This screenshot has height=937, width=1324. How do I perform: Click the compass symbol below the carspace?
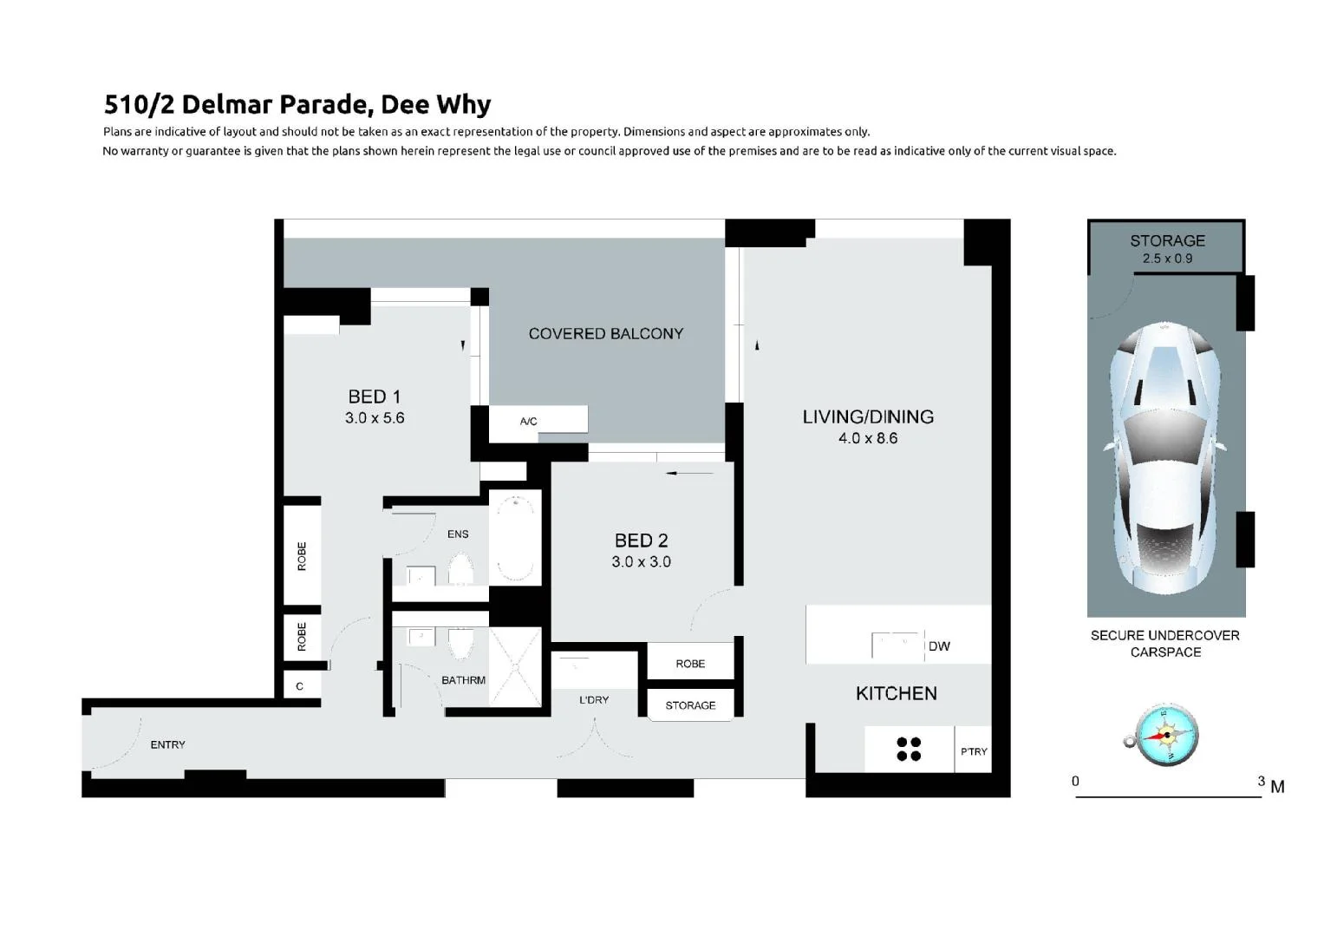[x=1166, y=736]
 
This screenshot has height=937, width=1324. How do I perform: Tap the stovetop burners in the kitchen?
[x=909, y=749]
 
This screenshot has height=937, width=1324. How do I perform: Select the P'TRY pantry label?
[x=974, y=751]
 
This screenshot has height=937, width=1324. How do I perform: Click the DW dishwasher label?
[x=939, y=646]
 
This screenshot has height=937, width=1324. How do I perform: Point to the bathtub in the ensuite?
[x=515, y=538]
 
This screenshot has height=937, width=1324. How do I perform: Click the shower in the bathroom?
[x=515, y=667]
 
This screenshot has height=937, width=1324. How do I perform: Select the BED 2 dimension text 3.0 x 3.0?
[x=641, y=562]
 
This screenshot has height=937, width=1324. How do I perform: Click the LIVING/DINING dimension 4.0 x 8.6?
[x=868, y=438]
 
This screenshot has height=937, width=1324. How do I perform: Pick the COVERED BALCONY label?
[x=606, y=334]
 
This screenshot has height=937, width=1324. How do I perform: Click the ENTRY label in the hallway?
[x=167, y=744]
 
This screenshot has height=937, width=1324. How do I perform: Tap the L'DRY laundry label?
[x=594, y=699]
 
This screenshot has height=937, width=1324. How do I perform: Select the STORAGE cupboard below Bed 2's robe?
[x=690, y=705]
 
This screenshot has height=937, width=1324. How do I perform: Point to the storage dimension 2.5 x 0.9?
[x=1167, y=259]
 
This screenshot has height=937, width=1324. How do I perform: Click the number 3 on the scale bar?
[x=1262, y=781]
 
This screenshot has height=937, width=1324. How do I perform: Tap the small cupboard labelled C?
[x=300, y=686]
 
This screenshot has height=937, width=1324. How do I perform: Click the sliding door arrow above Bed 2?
[x=690, y=473]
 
